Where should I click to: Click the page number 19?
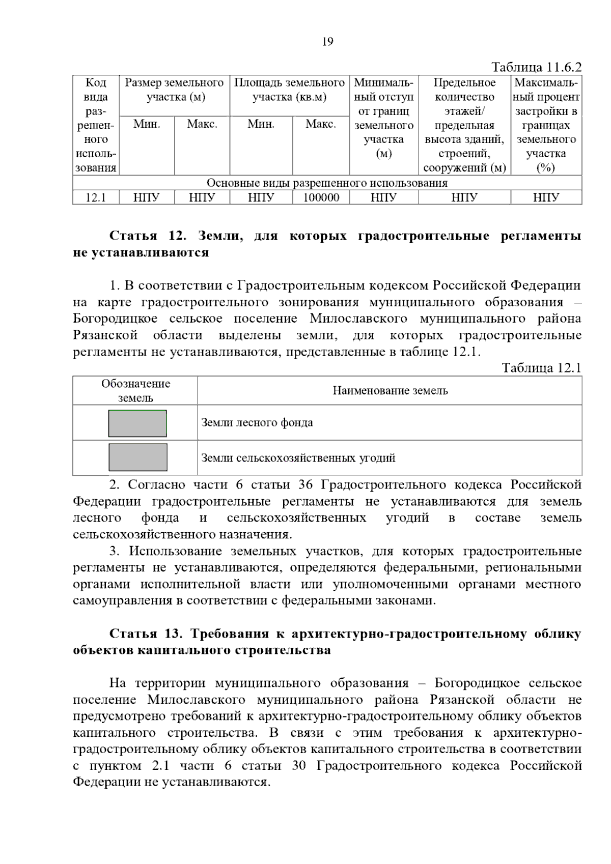coord(327,42)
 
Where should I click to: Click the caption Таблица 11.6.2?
coord(536,67)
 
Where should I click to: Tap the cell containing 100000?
coord(321,197)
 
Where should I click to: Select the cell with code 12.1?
coord(95,197)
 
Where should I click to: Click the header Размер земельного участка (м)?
coord(174,90)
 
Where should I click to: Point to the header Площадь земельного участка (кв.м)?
coord(289,90)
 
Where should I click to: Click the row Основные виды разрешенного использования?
coord(327,183)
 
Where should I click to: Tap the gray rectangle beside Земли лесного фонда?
coord(137,423)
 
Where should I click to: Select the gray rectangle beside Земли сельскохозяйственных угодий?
coord(137,457)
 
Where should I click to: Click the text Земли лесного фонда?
coord(257,423)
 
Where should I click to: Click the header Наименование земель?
coord(390,391)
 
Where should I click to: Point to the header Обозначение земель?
coord(135,391)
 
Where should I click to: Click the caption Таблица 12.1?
coord(541,368)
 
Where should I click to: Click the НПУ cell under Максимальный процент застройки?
coord(546,197)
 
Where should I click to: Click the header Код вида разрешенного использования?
coord(96,125)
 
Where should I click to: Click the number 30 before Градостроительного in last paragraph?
coord(299,766)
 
